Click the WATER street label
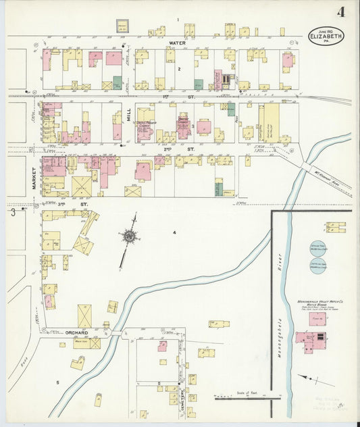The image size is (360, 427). pyautogui.click(x=177, y=43)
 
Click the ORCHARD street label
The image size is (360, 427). pyautogui.click(x=78, y=332)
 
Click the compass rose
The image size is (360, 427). pyautogui.click(x=128, y=236)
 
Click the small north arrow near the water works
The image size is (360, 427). pyautogui.click(x=308, y=380)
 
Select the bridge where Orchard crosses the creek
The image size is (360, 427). pyautogui.click(x=116, y=333)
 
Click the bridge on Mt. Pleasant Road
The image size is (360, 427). pyautogui.click(x=306, y=166)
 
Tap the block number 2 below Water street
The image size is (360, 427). pyautogui.click(x=179, y=69)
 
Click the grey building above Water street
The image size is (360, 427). pyautogui.click(x=122, y=26)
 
